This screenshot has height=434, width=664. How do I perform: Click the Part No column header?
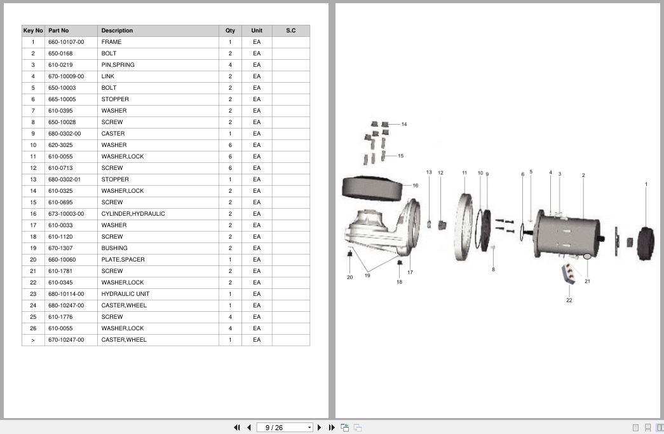(x=58, y=31)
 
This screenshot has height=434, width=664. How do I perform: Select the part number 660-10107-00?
(x=66, y=42)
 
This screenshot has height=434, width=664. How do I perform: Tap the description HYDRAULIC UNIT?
(x=125, y=294)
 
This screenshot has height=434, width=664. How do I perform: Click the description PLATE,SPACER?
(x=123, y=260)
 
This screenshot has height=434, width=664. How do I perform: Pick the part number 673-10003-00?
(x=66, y=214)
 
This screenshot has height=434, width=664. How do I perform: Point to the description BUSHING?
(x=114, y=248)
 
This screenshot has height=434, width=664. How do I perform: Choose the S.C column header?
(x=291, y=31)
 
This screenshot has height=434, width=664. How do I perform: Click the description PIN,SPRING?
(x=118, y=65)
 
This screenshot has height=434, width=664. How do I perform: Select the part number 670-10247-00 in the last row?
(x=66, y=340)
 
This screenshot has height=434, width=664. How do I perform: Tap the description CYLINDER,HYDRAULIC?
(x=133, y=214)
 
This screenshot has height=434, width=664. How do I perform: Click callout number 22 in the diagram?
(x=569, y=300)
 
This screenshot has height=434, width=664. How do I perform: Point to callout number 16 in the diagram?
(x=416, y=185)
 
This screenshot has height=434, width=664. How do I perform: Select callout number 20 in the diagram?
(x=349, y=277)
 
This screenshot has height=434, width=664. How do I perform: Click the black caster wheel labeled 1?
(x=646, y=244)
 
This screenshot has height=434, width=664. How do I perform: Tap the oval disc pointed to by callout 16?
(x=372, y=188)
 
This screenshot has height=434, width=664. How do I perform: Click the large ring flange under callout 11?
(x=463, y=227)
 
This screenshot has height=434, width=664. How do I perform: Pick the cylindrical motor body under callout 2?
(x=567, y=234)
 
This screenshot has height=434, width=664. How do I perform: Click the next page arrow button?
(x=320, y=428)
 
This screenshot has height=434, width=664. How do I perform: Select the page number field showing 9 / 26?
(x=285, y=428)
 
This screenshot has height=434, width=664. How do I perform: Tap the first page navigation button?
(x=237, y=428)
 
